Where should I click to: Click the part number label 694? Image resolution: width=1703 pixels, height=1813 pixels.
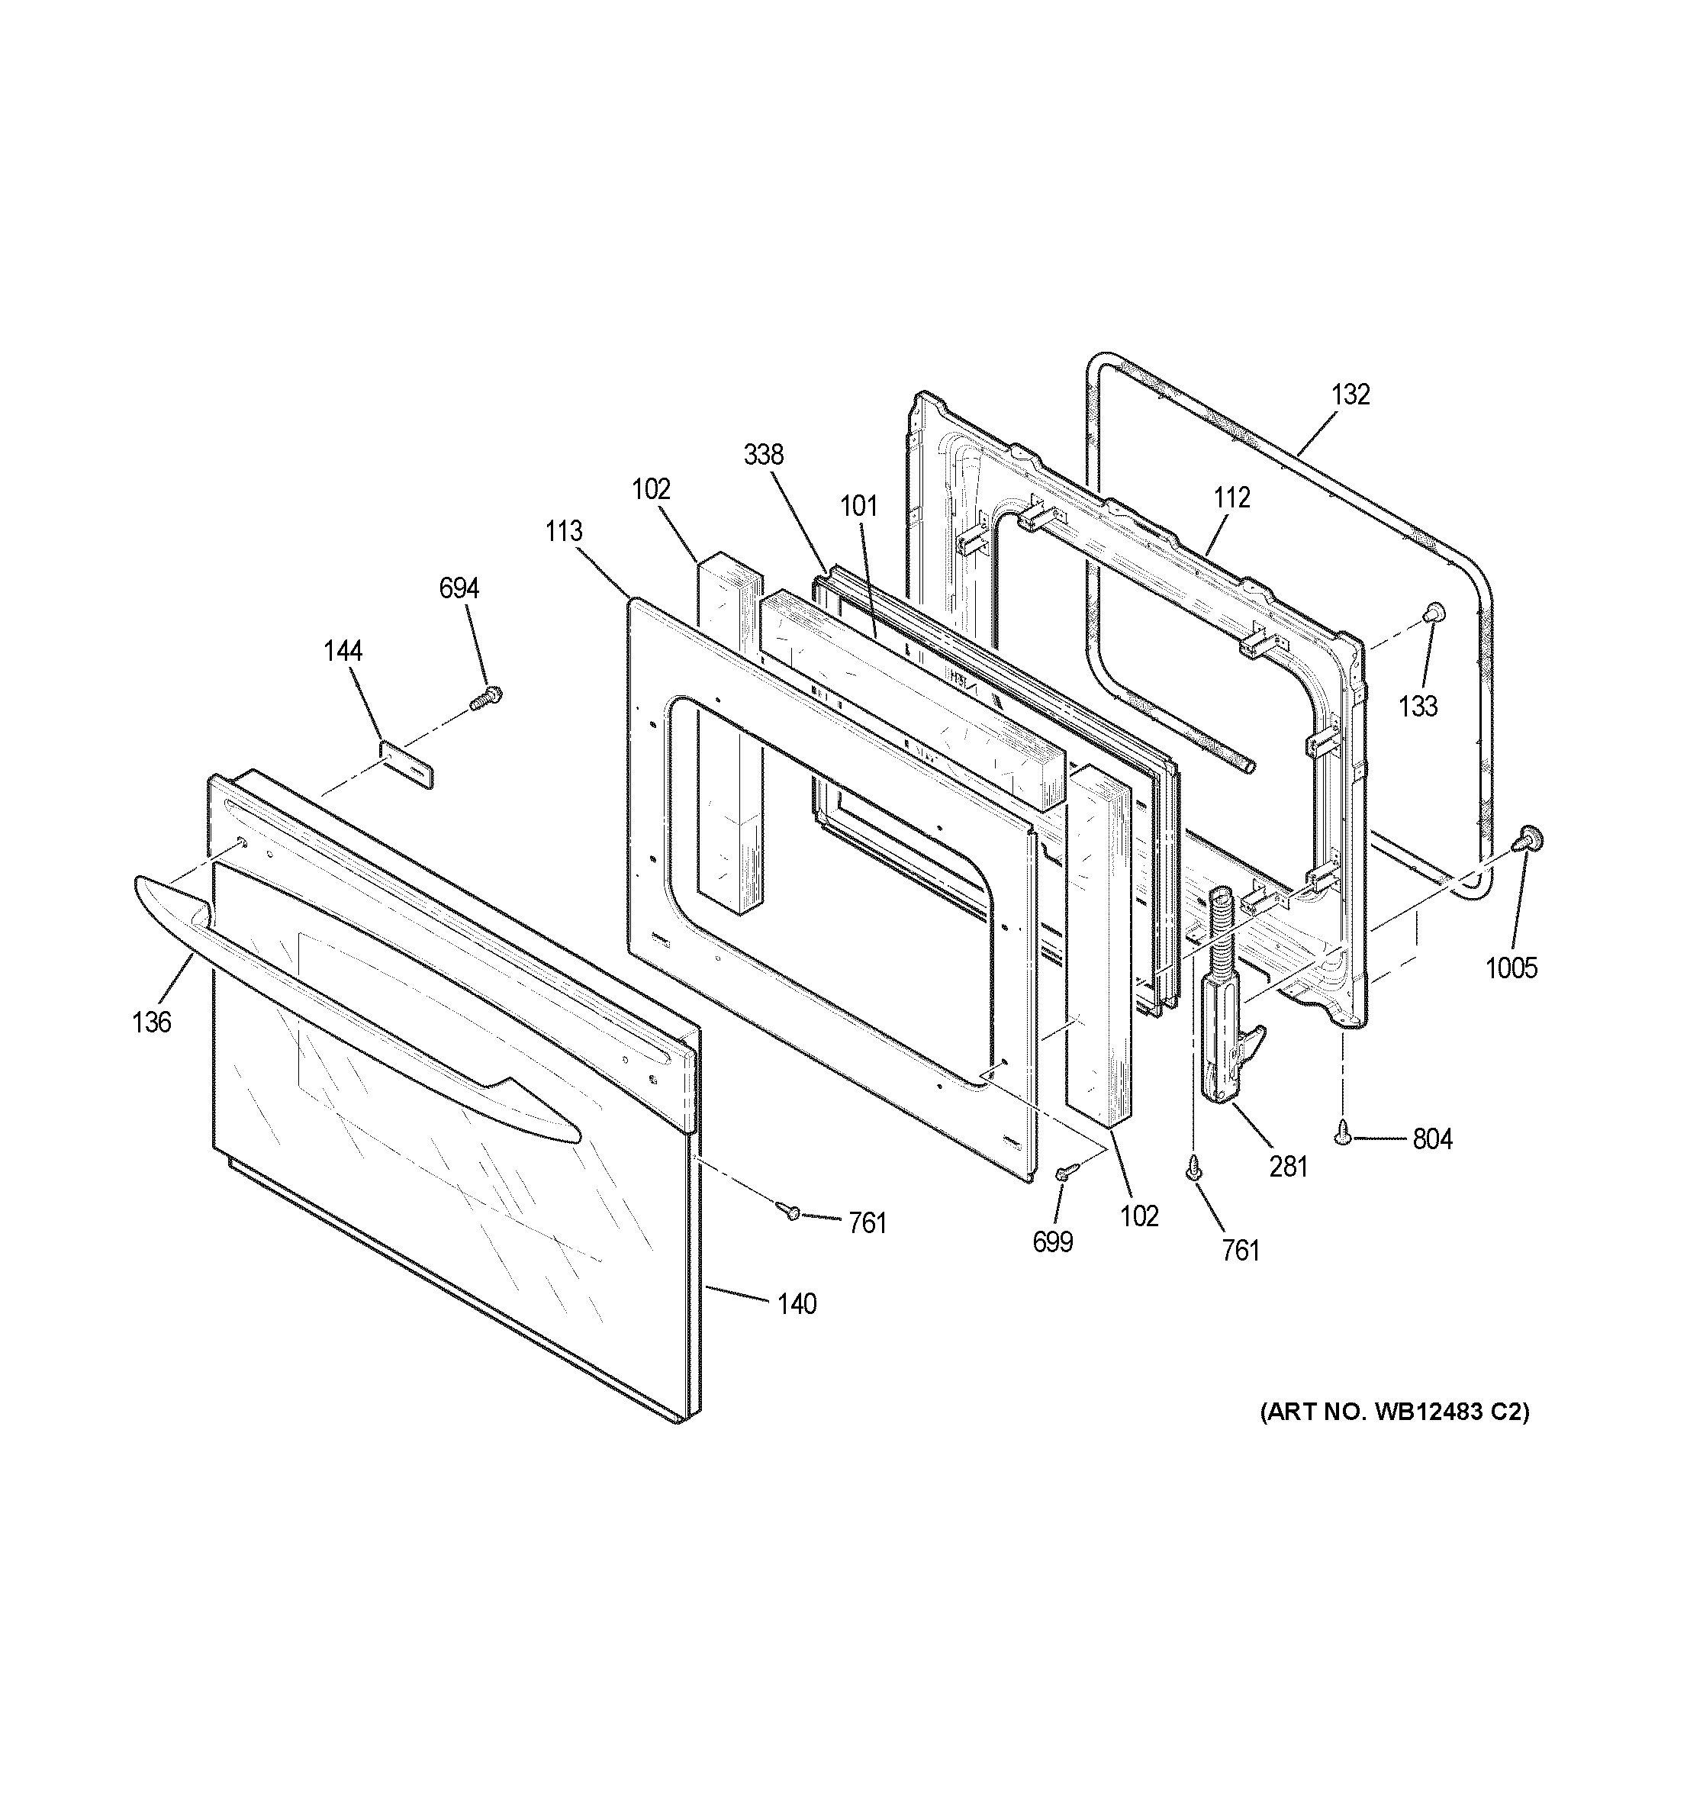tap(459, 589)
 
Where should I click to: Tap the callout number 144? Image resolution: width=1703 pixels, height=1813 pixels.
tap(343, 651)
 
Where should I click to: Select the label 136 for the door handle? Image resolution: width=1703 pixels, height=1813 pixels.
tap(151, 1022)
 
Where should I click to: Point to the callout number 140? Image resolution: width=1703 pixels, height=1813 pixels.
tap(796, 1304)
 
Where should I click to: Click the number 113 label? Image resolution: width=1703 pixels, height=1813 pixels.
tap(565, 532)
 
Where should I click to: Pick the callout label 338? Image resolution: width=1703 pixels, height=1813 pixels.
tap(763, 455)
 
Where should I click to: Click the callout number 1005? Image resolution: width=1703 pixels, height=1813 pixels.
tap(1511, 968)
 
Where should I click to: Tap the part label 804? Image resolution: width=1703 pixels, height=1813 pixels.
tap(1432, 1139)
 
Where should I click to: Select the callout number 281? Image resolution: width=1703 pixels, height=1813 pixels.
tap(1288, 1167)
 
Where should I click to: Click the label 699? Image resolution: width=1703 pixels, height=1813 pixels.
tap(1053, 1242)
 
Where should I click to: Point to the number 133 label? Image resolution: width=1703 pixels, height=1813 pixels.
tap(1418, 706)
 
